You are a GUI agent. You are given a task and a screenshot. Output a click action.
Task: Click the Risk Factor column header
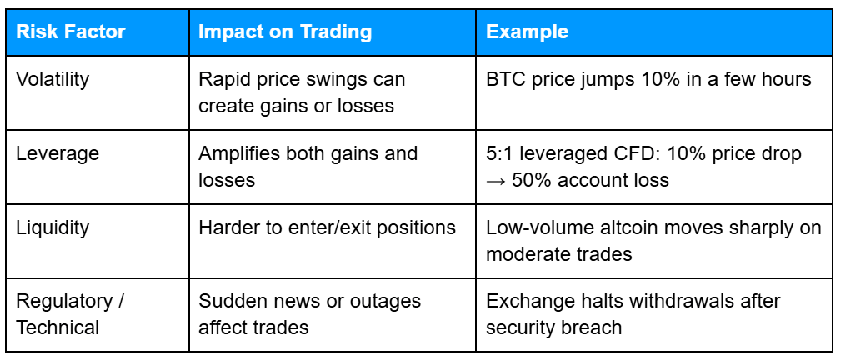[x=70, y=32]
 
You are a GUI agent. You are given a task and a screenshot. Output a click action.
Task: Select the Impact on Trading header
[x=285, y=32]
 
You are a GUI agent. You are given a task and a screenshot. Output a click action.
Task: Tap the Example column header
[x=527, y=32]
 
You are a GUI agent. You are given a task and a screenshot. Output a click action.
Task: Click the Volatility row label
[x=53, y=80]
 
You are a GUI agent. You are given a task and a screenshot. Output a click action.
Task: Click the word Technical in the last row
[x=58, y=327]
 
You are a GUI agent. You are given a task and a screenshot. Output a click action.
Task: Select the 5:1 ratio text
[x=498, y=153]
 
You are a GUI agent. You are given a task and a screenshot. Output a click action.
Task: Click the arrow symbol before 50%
[x=497, y=180]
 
